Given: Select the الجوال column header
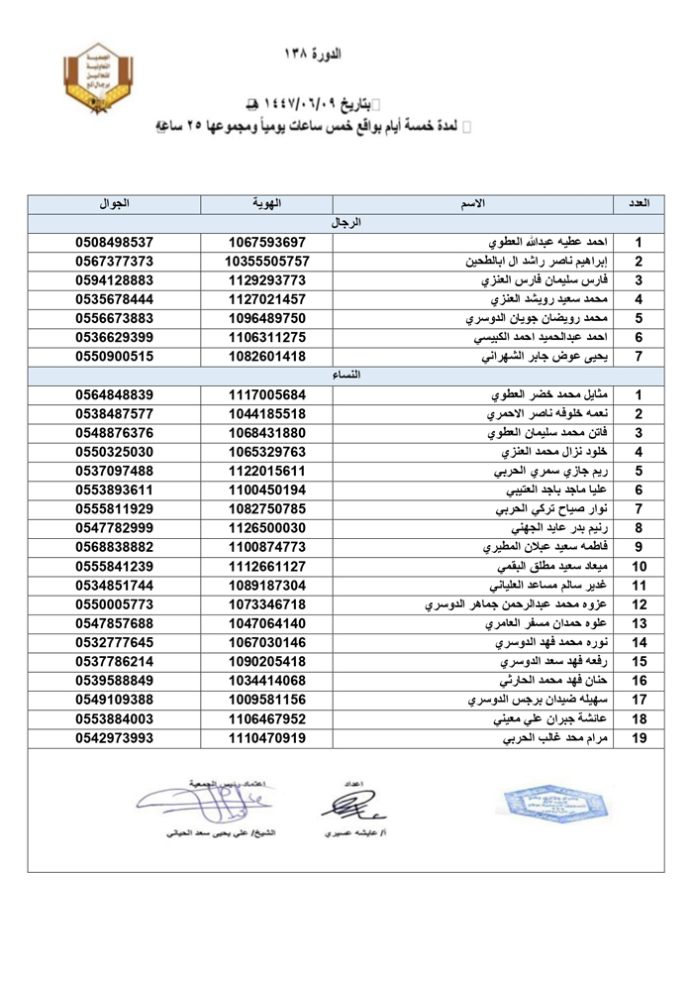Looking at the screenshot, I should tap(114, 204).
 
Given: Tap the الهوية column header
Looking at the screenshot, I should tap(267, 204).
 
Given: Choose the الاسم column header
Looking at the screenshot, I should tap(474, 204).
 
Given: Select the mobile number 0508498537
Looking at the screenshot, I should tap(114, 242).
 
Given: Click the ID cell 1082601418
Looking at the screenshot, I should tap(267, 357).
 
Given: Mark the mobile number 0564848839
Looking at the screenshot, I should tap(114, 394).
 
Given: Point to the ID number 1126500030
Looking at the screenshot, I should tap(267, 528).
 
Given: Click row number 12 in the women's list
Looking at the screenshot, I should tap(640, 604).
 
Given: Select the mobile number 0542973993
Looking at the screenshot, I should tap(114, 738).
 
